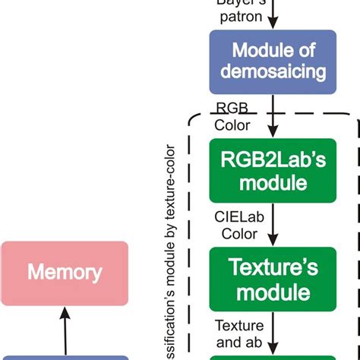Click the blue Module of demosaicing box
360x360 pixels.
pyautogui.click(x=272, y=62)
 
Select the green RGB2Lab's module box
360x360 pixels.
pyautogui.click(x=272, y=171)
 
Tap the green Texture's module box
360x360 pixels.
pyautogui.click(x=272, y=279)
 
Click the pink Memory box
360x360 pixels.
pyautogui.click(x=65, y=271)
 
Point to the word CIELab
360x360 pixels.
pyautogui.click(x=234, y=218)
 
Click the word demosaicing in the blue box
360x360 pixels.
pyautogui.click(x=272, y=72)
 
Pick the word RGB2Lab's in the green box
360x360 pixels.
pyautogui.click(x=272, y=160)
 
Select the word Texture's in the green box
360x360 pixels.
pyautogui.click(x=272, y=267)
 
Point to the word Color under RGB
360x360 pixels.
pyautogui.click(x=232, y=125)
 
